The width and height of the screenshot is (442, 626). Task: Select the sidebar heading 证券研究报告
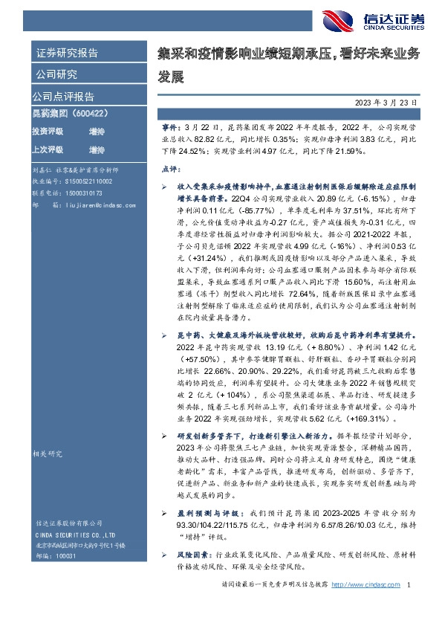click(66, 53)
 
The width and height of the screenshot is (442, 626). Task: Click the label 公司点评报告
click(62, 97)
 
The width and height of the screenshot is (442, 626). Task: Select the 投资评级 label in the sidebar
click(47, 131)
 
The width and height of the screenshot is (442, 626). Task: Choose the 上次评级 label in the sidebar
click(47, 149)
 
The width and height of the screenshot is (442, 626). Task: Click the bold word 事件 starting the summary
click(170, 129)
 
